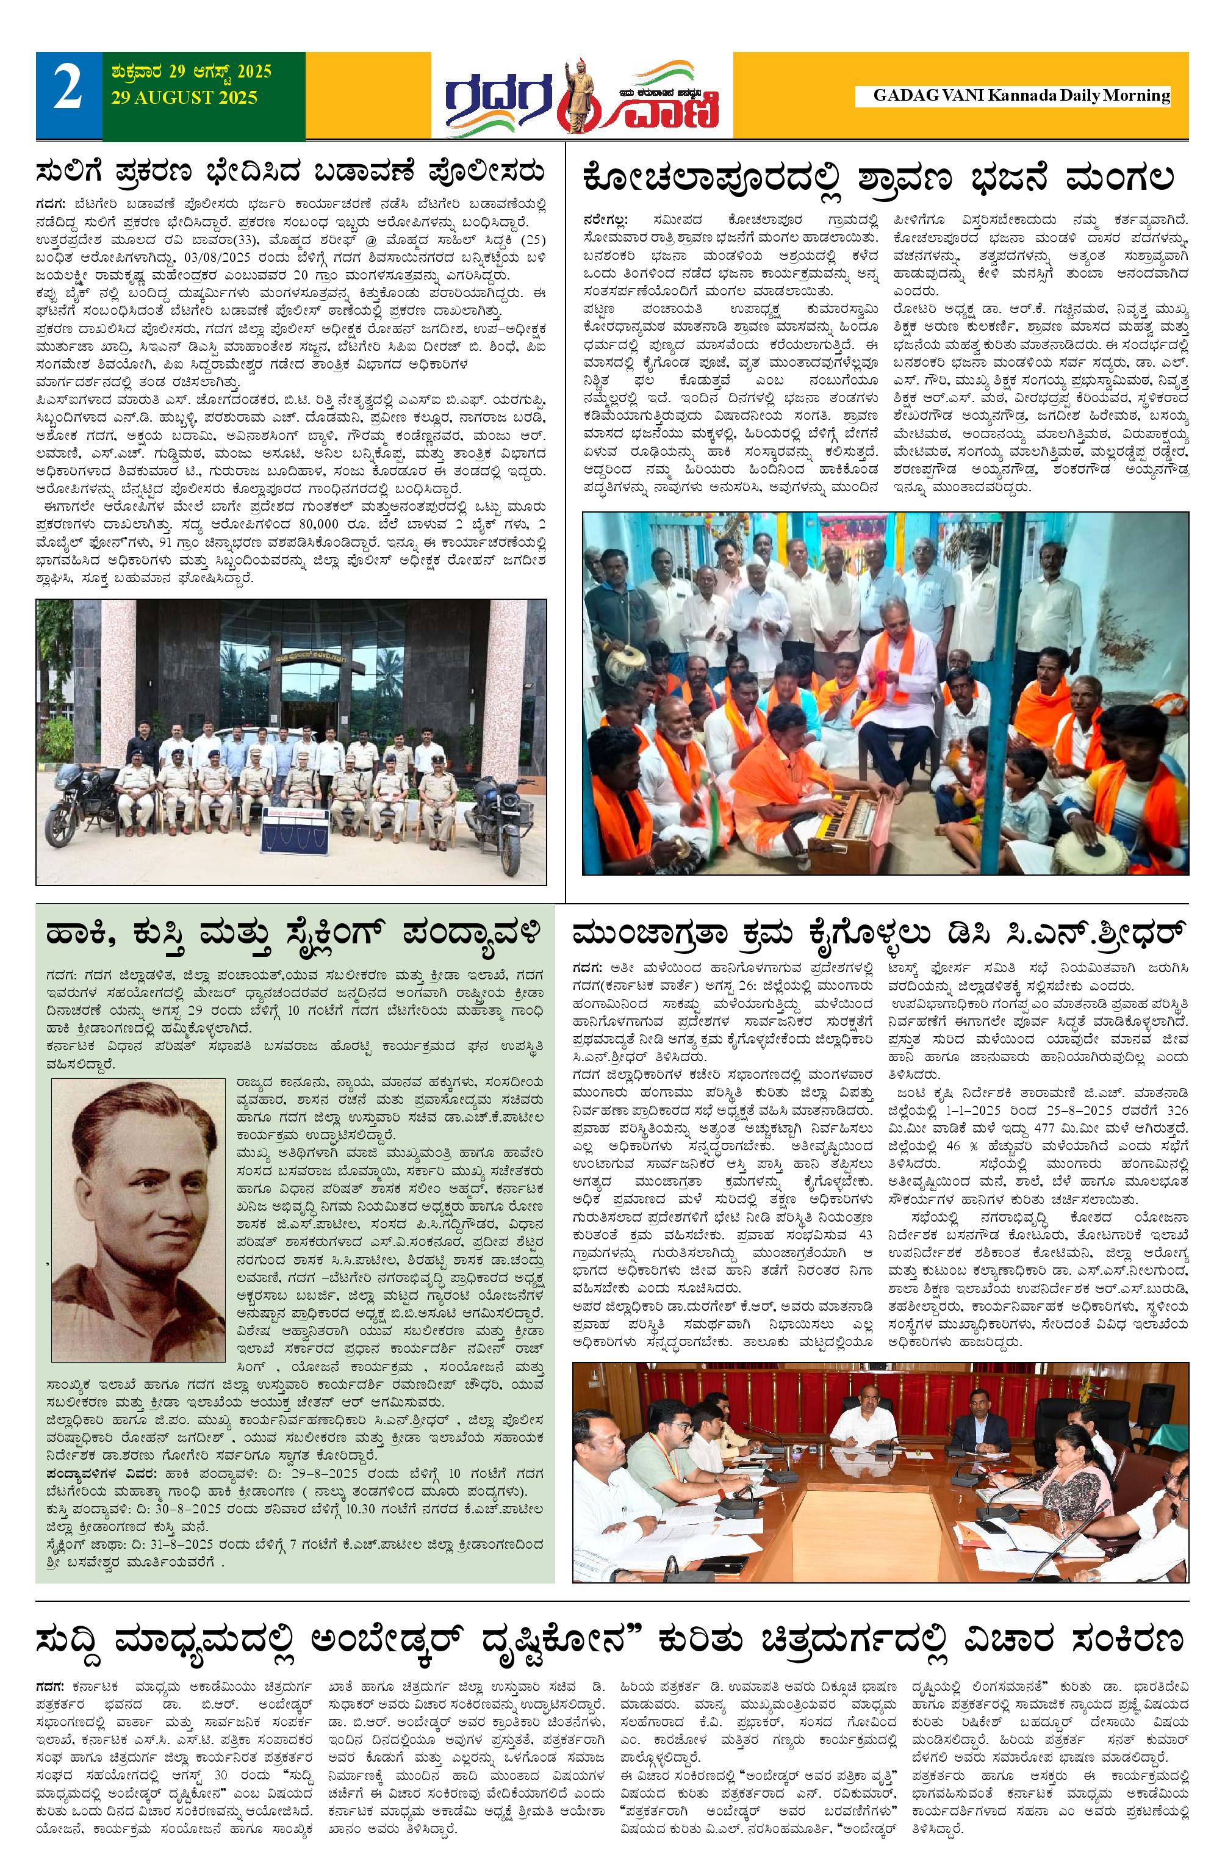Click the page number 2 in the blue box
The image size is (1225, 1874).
coord(68,88)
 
